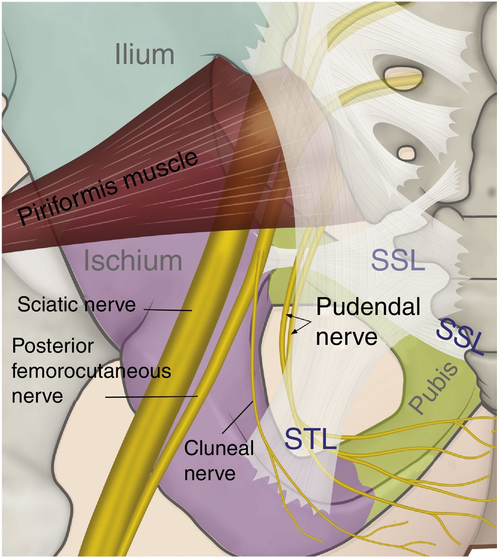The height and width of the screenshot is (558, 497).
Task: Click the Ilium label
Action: click(144, 55)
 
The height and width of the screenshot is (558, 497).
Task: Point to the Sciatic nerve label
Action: click(76, 304)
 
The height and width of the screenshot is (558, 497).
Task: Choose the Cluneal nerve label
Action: click(219, 461)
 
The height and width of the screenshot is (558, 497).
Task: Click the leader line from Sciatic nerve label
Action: click(168, 310)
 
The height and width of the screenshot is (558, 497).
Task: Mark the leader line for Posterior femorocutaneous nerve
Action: click(151, 397)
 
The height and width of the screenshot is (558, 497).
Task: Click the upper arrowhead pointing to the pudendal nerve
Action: click(288, 315)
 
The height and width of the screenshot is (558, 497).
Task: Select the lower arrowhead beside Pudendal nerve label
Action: click(294, 332)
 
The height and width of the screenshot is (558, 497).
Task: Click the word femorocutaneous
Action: click(91, 371)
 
